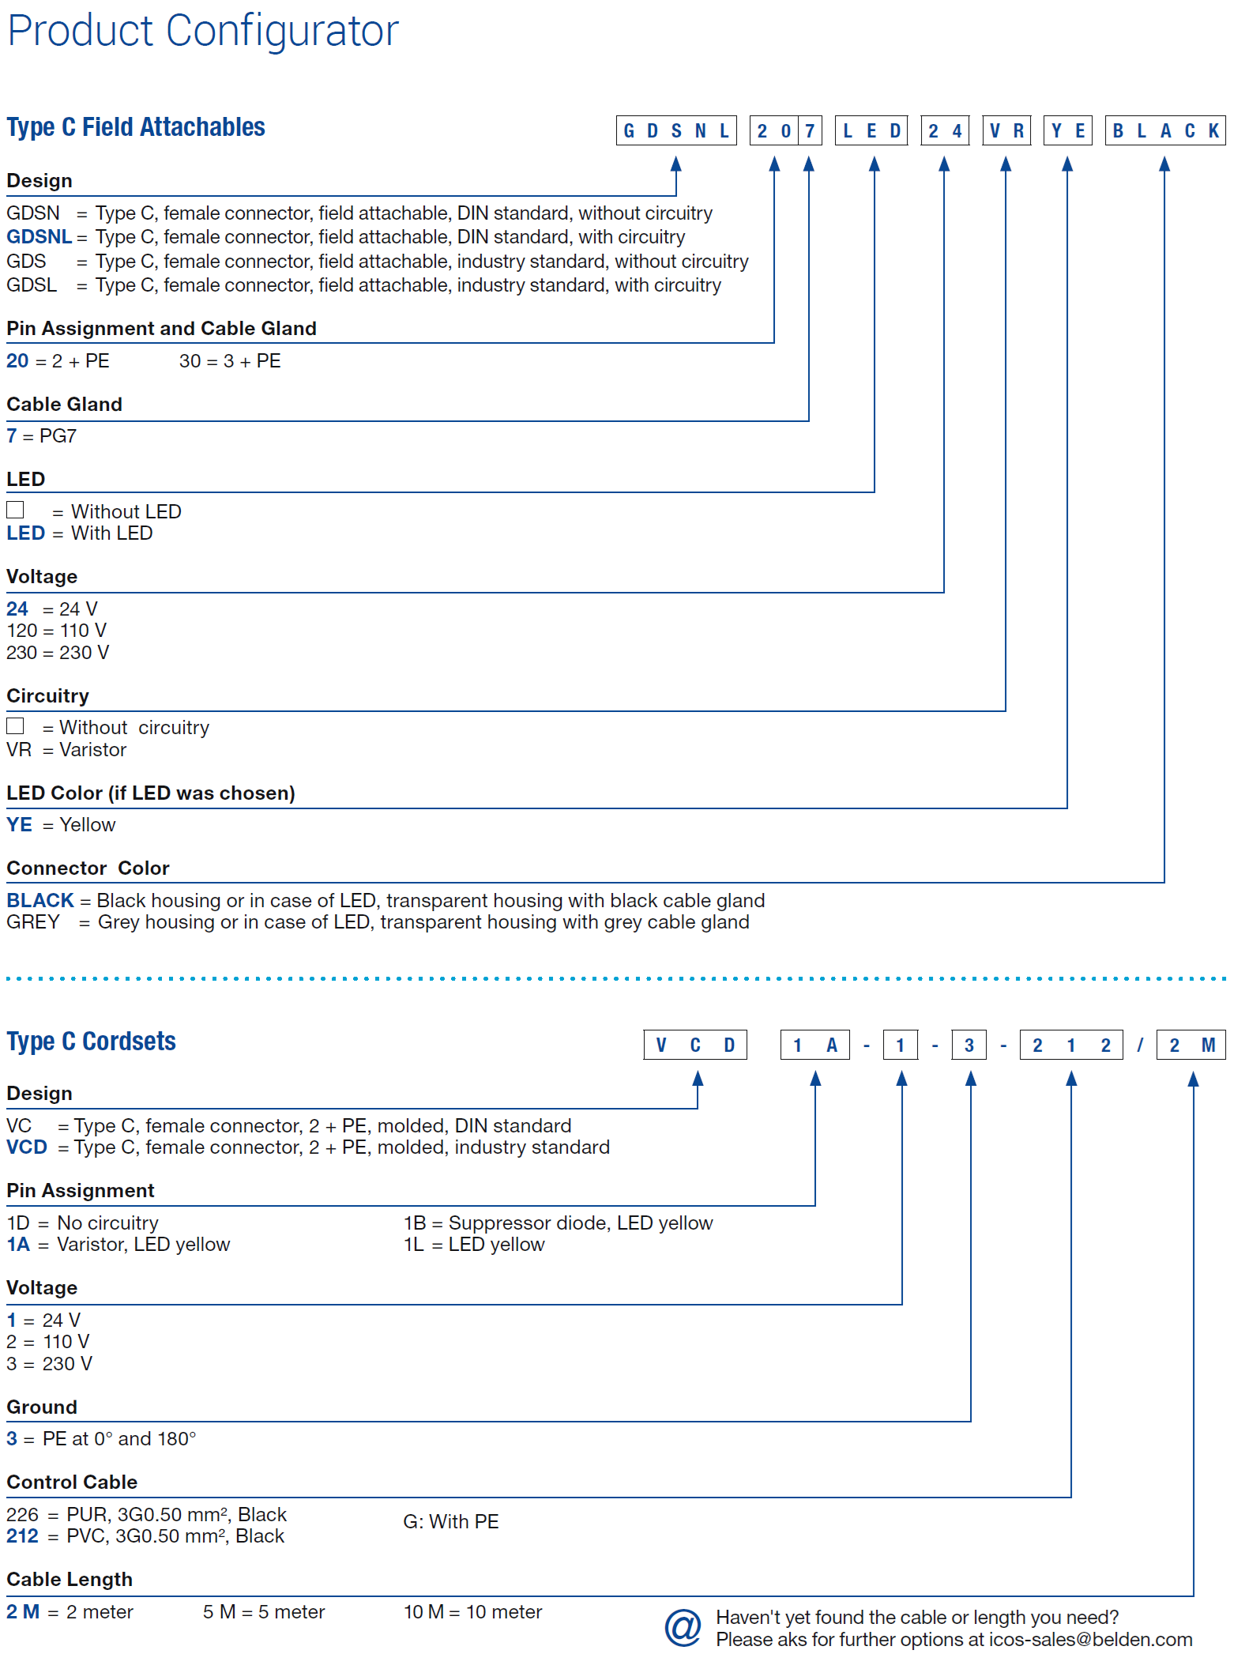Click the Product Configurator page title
click(x=203, y=32)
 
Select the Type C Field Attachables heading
click(x=136, y=127)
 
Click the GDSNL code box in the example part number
click(x=676, y=130)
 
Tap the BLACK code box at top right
click(x=1165, y=130)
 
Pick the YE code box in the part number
click(x=1068, y=130)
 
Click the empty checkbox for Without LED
click(x=15, y=510)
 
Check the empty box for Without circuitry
click(x=15, y=725)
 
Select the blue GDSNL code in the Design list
click(x=39, y=237)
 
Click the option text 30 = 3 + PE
click(x=230, y=361)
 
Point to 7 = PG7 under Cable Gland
click(x=41, y=436)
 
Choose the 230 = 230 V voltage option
click(x=58, y=653)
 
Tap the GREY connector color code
click(x=33, y=922)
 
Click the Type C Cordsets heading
click(x=91, y=1042)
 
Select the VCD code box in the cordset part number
click(x=695, y=1045)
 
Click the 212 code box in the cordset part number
click(x=1071, y=1045)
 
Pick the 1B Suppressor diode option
click(x=558, y=1223)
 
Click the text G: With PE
click(x=451, y=1522)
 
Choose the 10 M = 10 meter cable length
click(x=472, y=1612)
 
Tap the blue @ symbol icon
click(x=683, y=1629)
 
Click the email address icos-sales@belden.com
click(x=1091, y=1640)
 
